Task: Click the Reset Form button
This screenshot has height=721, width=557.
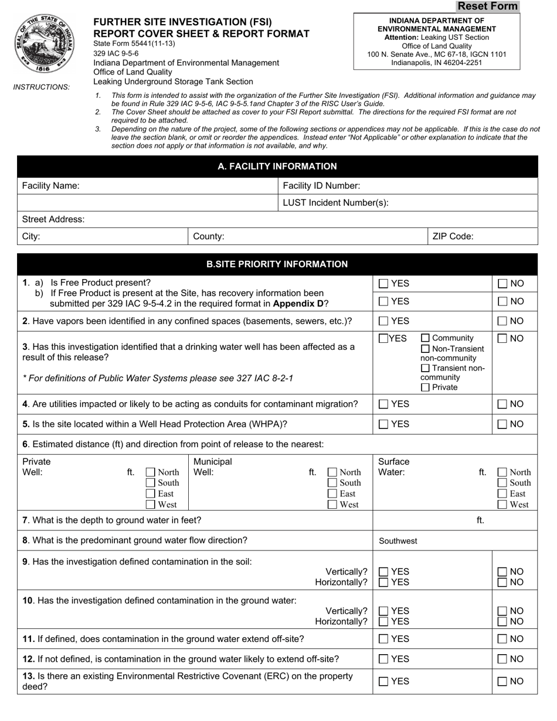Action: click(x=487, y=6)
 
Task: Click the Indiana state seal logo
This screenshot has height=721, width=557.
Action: click(x=45, y=44)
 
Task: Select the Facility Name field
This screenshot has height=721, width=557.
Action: click(x=176, y=186)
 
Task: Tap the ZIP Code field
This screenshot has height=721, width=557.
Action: click(x=504, y=237)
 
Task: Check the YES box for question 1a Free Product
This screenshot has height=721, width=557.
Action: click(x=383, y=284)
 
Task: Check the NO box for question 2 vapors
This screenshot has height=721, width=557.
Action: click(x=503, y=321)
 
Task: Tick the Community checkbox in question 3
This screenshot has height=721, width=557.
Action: click(x=426, y=338)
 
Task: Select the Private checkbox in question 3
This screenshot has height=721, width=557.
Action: click(x=426, y=387)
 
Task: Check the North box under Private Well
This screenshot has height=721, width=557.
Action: click(x=151, y=472)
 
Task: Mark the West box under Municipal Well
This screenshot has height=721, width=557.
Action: click(x=332, y=504)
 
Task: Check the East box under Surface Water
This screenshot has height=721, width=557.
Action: click(x=502, y=494)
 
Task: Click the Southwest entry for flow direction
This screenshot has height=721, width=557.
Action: click(x=399, y=540)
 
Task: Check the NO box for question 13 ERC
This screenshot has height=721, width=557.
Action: click(x=503, y=682)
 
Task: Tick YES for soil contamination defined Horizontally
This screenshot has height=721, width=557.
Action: click(x=383, y=582)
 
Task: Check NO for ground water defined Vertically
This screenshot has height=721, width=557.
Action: click(x=503, y=611)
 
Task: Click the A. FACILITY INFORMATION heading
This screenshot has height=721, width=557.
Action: click(x=277, y=166)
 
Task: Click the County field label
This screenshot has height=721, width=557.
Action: click(x=209, y=237)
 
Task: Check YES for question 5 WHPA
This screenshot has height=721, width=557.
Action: click(x=383, y=424)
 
